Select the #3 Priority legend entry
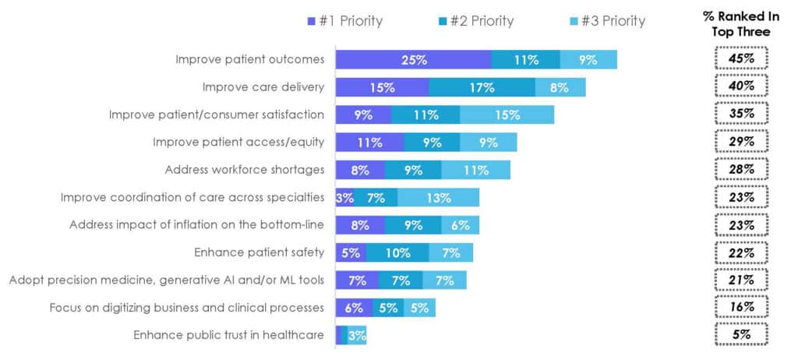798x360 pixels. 602,21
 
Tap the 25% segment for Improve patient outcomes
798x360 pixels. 413,59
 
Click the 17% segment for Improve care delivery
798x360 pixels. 482,87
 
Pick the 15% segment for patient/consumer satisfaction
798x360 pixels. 507,115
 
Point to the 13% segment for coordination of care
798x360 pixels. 438,197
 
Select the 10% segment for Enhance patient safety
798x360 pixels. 397,252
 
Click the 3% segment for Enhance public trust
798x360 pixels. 357,335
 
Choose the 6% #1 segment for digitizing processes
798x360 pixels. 354,308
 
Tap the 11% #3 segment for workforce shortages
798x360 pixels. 475,170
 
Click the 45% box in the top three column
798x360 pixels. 741,58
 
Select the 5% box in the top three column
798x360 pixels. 741,335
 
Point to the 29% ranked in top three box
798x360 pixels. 741,142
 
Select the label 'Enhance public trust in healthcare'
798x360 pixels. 228,335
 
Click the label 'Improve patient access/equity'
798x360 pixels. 238,142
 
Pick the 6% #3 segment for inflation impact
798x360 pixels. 460,225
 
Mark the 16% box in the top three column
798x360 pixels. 741,307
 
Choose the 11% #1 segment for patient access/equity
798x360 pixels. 369,143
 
